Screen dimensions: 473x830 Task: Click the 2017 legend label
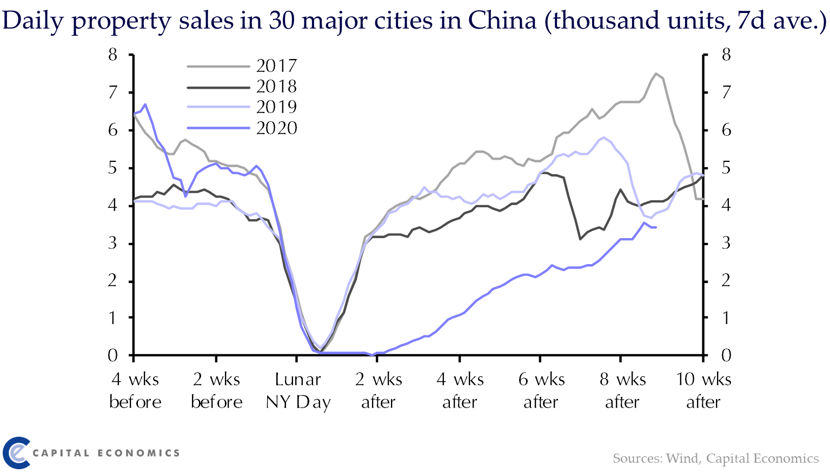point(276,66)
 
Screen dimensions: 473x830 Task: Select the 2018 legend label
point(276,87)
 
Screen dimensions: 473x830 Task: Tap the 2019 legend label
point(276,107)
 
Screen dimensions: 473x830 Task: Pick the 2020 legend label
point(276,128)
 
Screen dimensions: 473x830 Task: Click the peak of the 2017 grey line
point(656,74)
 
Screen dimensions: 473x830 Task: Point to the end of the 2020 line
point(655,227)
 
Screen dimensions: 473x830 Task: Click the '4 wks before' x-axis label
point(135,391)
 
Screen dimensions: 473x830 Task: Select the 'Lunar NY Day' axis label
point(298,391)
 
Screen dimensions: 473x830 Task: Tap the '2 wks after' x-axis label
point(379,391)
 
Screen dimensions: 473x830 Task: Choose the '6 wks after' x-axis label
point(541,391)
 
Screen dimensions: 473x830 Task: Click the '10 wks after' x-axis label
point(703,391)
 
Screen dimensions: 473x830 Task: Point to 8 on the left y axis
point(112,55)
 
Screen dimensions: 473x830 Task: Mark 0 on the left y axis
point(112,356)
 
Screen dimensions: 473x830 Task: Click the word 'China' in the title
point(502,21)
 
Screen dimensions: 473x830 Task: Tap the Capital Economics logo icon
point(15,452)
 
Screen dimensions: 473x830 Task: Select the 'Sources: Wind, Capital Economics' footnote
point(715,459)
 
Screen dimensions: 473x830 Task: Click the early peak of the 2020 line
point(145,104)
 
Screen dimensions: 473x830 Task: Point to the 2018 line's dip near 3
point(580,239)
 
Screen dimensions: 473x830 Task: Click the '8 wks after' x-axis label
point(622,391)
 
